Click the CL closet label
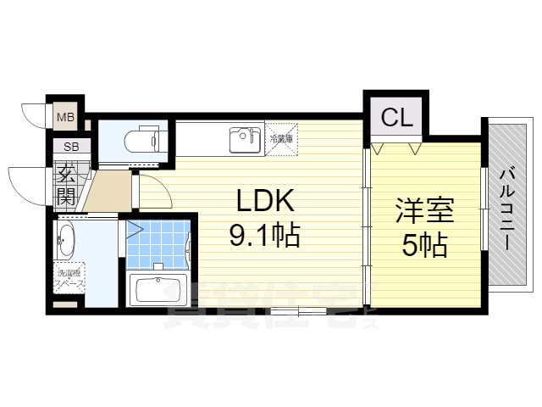tap(396, 118)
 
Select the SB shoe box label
tap(66, 147)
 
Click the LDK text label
tap(263, 201)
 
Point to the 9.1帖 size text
tap(264, 235)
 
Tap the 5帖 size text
tap(424, 246)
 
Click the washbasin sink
tap(66, 240)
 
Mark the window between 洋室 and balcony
tap(484, 209)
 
